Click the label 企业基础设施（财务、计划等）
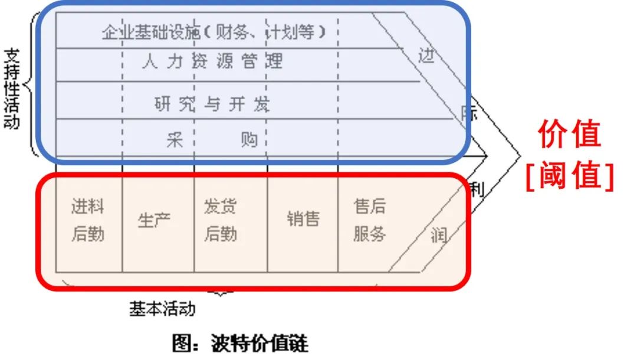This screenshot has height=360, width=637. tap(214, 31)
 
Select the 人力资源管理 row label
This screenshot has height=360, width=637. tap(212, 61)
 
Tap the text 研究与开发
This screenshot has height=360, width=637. tap(212, 104)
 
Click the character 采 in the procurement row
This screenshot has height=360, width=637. tap(175, 140)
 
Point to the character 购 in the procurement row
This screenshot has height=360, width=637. tap(249, 140)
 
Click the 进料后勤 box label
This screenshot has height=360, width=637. tap(88, 221)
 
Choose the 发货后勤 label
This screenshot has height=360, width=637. tap(220, 221)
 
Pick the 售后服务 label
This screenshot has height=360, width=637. tap(370, 221)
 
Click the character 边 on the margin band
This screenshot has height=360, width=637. tap(426, 56)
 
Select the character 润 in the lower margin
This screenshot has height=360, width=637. tap(439, 236)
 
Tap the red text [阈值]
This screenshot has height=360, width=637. tap(569, 175)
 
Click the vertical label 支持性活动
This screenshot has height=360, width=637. tap(12, 89)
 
